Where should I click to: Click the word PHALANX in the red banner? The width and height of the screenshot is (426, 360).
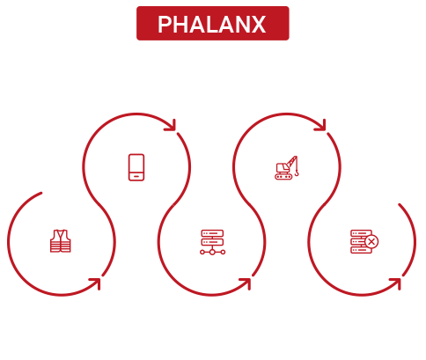click(x=212, y=25)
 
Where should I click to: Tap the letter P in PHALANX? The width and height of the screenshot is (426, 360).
click(x=165, y=25)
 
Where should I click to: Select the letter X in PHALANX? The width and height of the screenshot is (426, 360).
click(x=259, y=25)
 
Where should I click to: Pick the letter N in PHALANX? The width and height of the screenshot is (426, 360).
click(x=241, y=25)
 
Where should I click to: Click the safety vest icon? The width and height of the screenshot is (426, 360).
click(x=61, y=241)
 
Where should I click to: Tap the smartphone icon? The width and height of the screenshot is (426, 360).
click(x=136, y=167)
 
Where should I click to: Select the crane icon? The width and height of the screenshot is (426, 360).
click(x=287, y=167)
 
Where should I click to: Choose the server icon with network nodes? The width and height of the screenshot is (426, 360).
click(x=212, y=242)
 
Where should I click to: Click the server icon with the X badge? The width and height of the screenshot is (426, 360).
click(x=364, y=241)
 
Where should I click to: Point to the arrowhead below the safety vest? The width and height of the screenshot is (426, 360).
click(x=96, y=283)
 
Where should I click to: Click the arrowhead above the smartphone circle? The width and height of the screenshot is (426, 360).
click(x=171, y=125)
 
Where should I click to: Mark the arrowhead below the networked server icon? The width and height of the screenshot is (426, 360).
click(x=246, y=283)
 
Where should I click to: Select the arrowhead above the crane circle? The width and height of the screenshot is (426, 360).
click(x=321, y=125)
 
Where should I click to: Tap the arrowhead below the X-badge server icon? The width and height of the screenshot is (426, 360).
click(x=396, y=283)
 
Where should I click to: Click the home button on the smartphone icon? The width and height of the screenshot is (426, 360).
click(x=136, y=177)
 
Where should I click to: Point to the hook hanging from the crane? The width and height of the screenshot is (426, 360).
click(x=297, y=173)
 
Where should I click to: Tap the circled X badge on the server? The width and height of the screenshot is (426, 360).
click(x=371, y=242)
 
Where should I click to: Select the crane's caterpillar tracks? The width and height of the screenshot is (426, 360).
click(x=283, y=176)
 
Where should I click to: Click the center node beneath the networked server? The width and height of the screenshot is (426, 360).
click(x=212, y=252)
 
